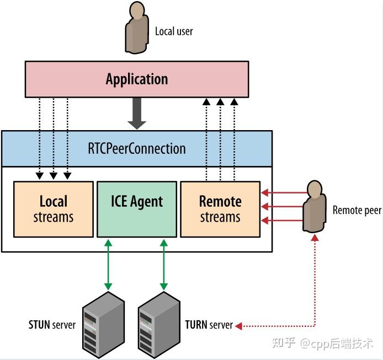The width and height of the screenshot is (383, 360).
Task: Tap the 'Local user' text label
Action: click(x=174, y=31)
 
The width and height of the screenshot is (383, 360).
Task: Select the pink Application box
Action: click(x=137, y=79)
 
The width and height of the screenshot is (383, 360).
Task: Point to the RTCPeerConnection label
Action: click(x=137, y=148)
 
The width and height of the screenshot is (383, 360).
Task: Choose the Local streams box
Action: click(x=54, y=209)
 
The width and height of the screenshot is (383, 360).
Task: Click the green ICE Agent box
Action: click(x=137, y=209)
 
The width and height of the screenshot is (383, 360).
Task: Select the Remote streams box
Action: click(x=220, y=209)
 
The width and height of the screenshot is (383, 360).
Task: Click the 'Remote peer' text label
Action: click(x=357, y=210)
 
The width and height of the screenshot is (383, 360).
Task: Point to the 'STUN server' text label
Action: click(x=52, y=325)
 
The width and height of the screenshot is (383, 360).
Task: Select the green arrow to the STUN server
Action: click(x=108, y=265)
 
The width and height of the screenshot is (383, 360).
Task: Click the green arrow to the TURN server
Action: click(x=163, y=265)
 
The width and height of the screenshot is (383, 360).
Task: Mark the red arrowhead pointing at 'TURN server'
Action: click(x=238, y=326)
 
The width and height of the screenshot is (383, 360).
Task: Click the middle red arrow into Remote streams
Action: click(x=281, y=207)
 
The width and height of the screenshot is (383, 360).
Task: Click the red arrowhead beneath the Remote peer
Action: click(x=315, y=237)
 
